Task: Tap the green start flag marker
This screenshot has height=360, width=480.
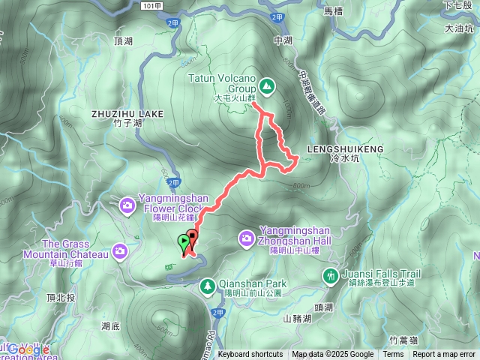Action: [x=184, y=242]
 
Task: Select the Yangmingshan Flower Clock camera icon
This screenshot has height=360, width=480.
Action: [x=127, y=203]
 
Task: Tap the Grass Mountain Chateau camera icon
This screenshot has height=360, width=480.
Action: [x=120, y=251]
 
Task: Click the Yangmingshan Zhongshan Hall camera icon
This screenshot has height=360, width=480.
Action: [x=246, y=238]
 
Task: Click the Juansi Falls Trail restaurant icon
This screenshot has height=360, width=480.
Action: [x=329, y=276]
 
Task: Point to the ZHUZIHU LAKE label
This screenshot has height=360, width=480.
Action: [x=127, y=113]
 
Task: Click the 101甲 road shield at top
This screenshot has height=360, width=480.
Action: [x=151, y=5]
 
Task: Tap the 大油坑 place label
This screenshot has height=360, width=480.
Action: [x=459, y=28]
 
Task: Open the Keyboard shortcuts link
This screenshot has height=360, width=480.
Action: [x=250, y=355]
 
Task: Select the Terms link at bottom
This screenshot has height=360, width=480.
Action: [x=393, y=355]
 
